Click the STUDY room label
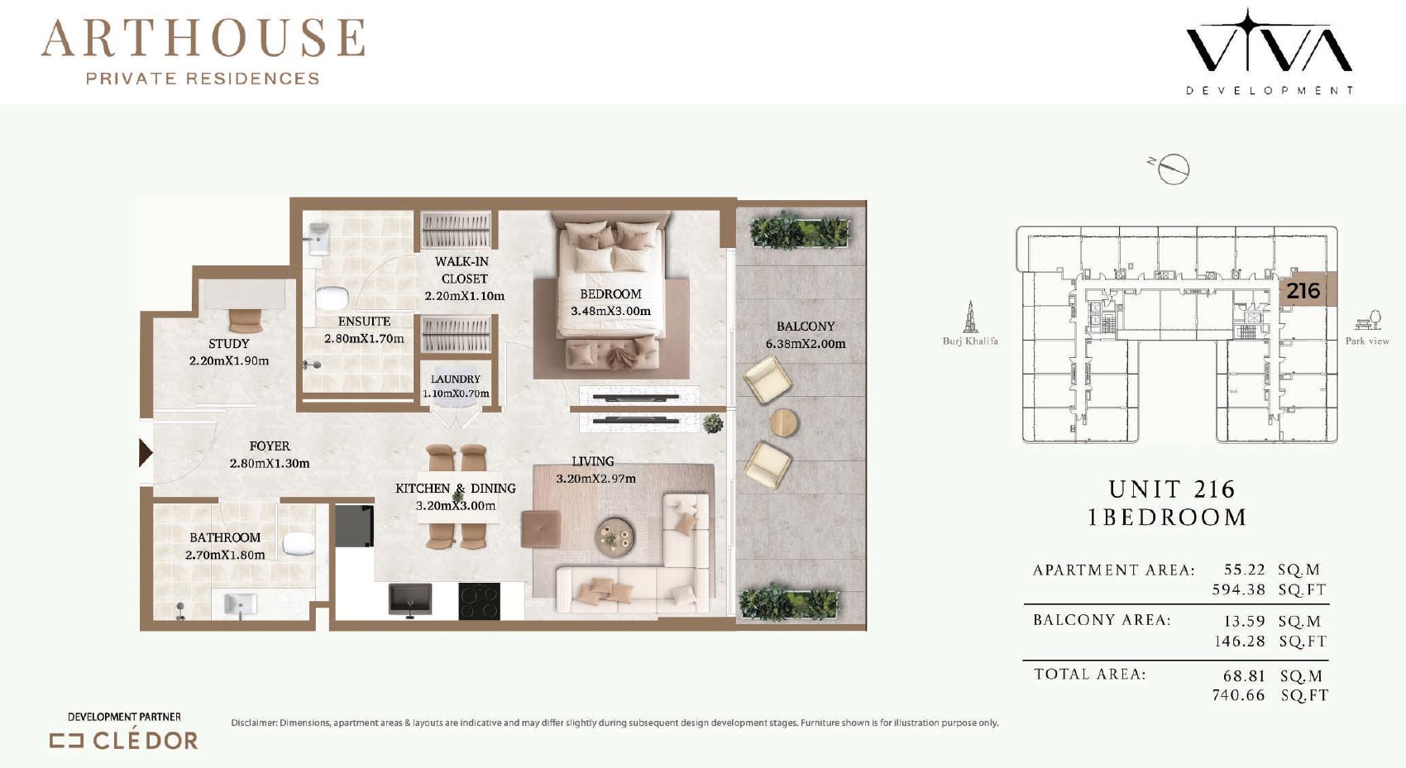point(228,344)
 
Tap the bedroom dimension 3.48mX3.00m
point(610,311)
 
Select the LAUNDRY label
point(455,379)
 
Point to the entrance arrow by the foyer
point(145,452)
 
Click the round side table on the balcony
point(783,422)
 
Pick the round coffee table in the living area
point(615,537)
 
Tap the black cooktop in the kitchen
point(479,601)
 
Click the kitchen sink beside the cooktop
point(410,599)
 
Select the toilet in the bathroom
point(298,543)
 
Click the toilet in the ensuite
point(332,298)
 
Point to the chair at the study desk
point(246,321)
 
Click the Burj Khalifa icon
point(970,317)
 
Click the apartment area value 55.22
point(1244,570)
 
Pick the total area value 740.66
point(1238,695)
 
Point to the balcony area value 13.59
point(1244,621)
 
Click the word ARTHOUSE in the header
point(203,38)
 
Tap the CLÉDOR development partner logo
point(124,741)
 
